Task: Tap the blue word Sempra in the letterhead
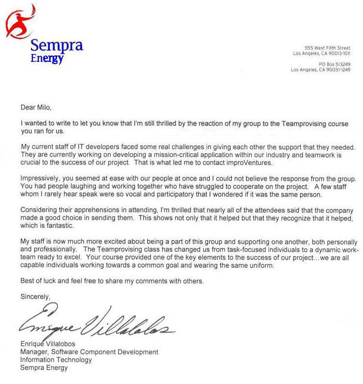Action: point(57,46)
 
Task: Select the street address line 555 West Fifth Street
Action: point(327,48)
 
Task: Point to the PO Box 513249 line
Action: point(334,64)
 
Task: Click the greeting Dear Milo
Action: point(35,108)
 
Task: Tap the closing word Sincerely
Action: point(35,297)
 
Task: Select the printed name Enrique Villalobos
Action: point(48,344)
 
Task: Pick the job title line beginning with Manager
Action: point(89,352)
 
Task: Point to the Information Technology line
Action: point(56,360)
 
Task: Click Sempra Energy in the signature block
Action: point(44,368)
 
